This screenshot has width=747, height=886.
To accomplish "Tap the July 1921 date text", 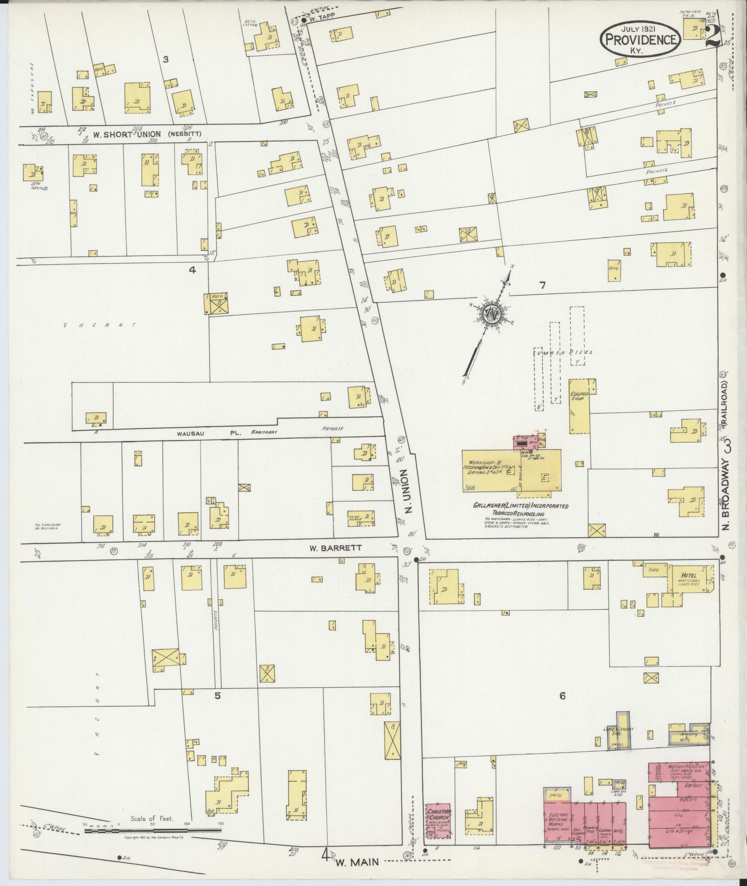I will pyautogui.click(x=641, y=28).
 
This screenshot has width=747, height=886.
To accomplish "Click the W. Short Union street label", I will pyautogui.click(x=127, y=134).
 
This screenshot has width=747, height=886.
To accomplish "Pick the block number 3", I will pyautogui.click(x=165, y=59).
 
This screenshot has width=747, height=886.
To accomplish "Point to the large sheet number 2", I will pyautogui.click(x=713, y=36).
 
